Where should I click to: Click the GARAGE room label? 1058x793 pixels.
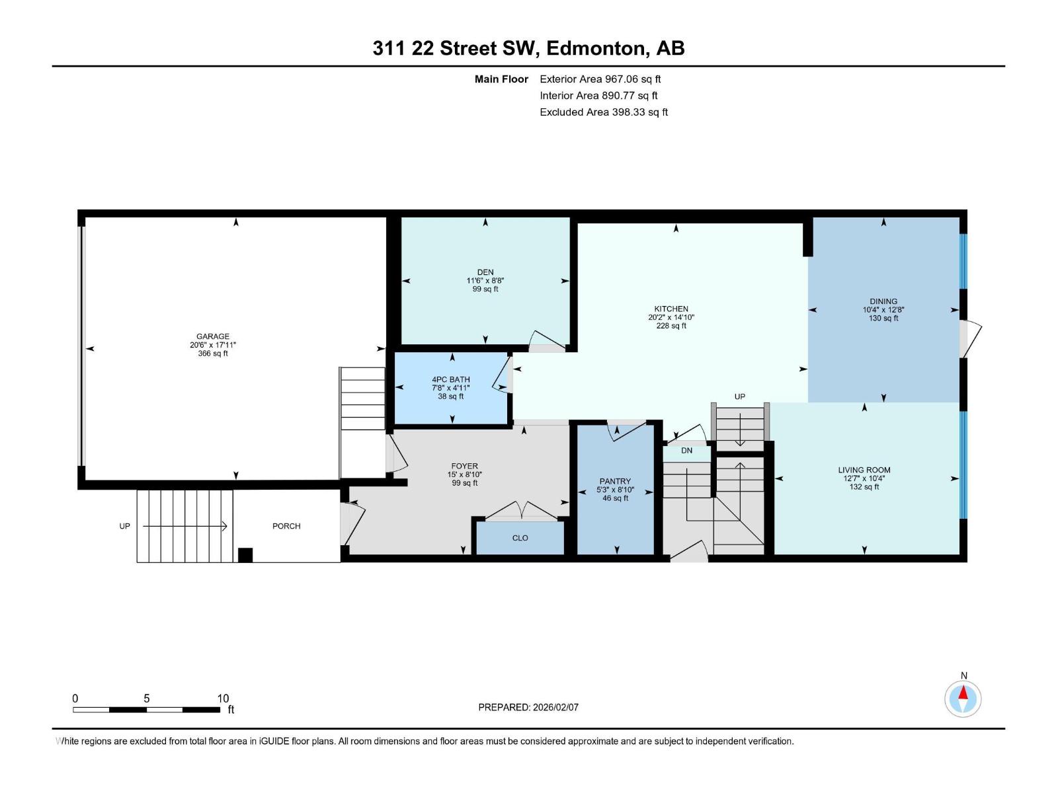212,336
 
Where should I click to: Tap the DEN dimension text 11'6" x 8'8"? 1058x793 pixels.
485,281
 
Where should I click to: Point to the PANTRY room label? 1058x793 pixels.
615,481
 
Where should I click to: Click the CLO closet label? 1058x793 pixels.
520,538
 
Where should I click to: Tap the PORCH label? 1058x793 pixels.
286,526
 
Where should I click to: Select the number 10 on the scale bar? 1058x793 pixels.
223,698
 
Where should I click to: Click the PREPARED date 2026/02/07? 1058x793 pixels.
554,707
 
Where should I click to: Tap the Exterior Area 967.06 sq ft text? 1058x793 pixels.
600,79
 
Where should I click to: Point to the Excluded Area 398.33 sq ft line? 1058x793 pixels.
603,112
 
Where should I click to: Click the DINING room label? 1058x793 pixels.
883,301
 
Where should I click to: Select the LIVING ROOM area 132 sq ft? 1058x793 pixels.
864,487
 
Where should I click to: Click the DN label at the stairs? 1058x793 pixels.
686,451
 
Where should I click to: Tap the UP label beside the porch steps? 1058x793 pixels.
124,526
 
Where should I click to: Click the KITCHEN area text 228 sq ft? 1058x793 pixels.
671,326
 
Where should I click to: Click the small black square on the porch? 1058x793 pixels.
245,555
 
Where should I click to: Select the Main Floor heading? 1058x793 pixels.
501,79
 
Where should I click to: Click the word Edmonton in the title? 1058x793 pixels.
595,48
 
